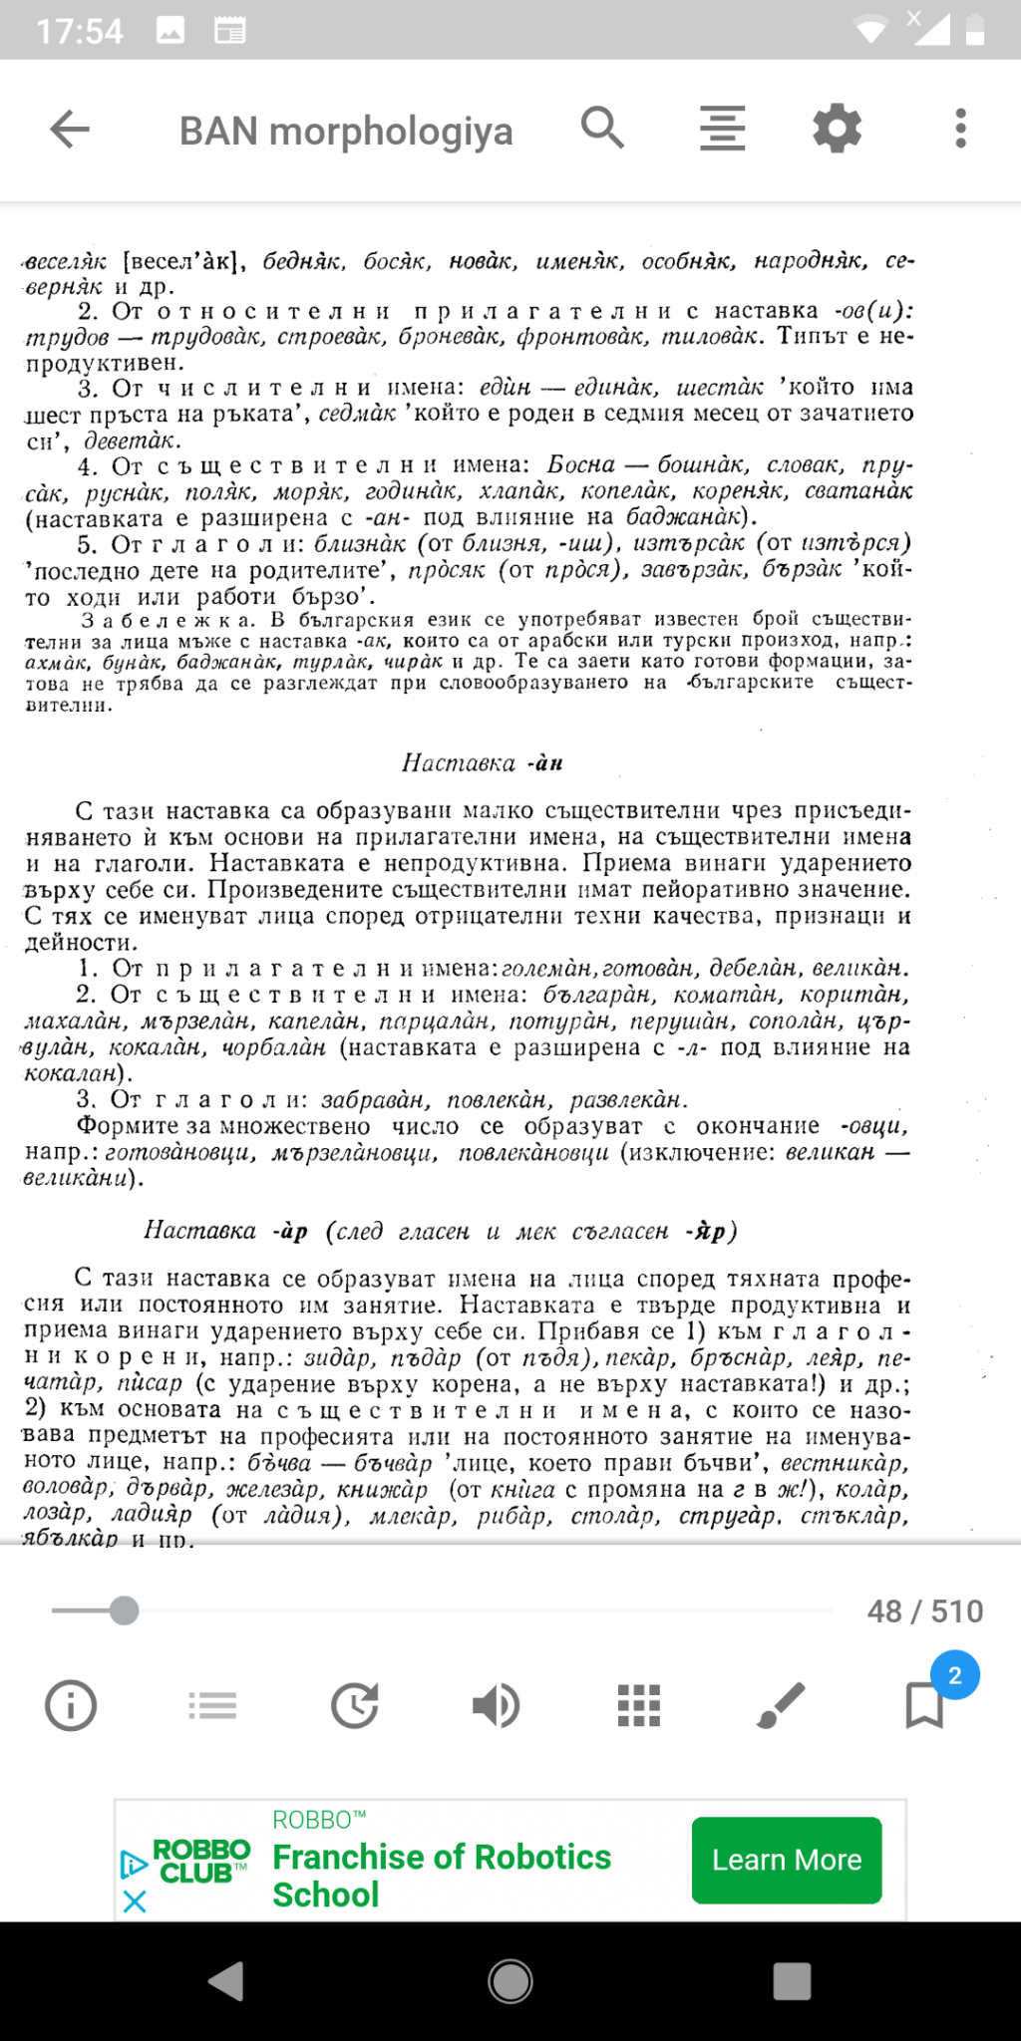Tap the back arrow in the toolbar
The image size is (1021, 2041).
point(70,130)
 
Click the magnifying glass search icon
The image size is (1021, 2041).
point(602,128)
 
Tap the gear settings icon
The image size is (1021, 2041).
point(837,129)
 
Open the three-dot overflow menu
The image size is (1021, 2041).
point(960,129)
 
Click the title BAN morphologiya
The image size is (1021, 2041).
point(346,132)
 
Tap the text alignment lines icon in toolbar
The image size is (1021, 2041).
point(722,129)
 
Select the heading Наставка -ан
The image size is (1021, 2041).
point(482,763)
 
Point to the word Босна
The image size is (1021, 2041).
point(581,465)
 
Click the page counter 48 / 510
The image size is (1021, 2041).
point(924,1611)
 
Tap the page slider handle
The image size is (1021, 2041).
point(124,1610)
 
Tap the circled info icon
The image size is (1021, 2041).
point(71,1705)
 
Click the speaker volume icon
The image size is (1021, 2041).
point(496,1705)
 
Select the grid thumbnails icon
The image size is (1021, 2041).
point(638,1705)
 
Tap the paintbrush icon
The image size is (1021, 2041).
point(781,1705)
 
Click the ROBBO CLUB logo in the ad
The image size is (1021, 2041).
point(200,1862)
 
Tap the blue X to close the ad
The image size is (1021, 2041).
point(135,1901)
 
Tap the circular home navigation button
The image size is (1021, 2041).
point(510,1982)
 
